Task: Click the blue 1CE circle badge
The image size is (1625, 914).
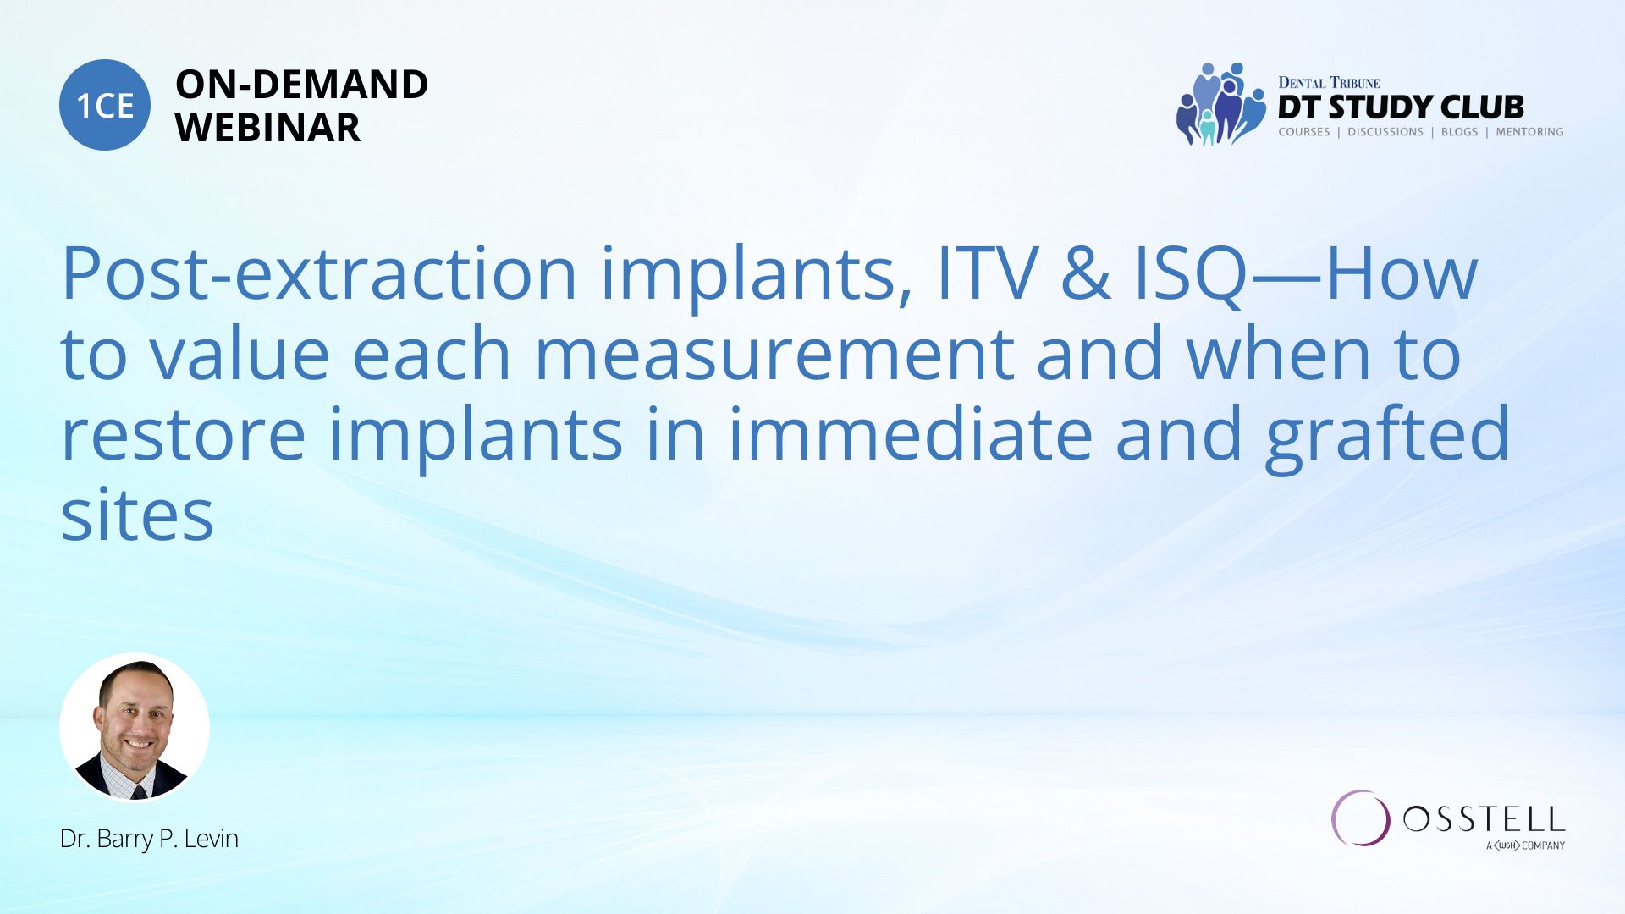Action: [x=105, y=105]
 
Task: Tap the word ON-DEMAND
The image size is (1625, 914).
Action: [x=301, y=85]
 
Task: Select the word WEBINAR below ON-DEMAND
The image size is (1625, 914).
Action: [x=267, y=128]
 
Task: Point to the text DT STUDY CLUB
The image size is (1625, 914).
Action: [x=1401, y=107]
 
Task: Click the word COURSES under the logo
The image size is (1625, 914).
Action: [x=1303, y=132]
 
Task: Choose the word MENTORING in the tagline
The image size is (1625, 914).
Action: [x=1529, y=132]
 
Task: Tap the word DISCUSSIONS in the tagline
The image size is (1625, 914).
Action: [x=1385, y=132]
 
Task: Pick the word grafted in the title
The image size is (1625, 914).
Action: [x=1387, y=436]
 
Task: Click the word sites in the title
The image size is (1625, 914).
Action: [x=137, y=515]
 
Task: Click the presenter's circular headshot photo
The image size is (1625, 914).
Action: [x=135, y=727]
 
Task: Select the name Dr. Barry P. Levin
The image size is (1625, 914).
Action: [x=149, y=839]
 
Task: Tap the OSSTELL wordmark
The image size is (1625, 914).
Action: [x=1484, y=819]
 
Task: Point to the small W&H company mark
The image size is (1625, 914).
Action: [x=1507, y=845]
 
